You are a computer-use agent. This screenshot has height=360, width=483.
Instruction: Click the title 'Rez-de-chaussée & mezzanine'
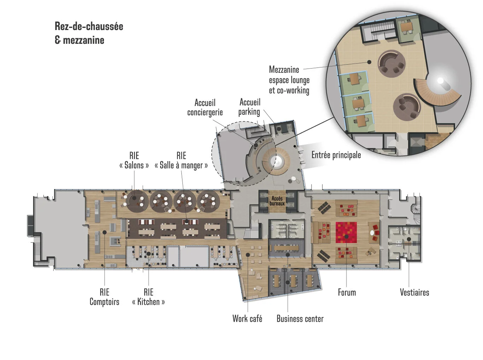[x=89, y=33]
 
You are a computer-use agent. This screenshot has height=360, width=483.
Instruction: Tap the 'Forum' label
[x=347, y=292]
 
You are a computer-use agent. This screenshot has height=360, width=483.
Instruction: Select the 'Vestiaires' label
[x=414, y=292]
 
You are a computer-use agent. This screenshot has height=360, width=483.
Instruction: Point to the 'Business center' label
[x=300, y=319]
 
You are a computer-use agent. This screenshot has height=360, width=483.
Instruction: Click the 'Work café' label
[x=247, y=319]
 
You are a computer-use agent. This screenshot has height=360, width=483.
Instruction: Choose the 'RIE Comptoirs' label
[x=104, y=297]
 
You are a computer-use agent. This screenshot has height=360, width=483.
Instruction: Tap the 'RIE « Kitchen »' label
[x=148, y=297]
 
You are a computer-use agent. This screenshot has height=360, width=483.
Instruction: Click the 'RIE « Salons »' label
[x=134, y=160]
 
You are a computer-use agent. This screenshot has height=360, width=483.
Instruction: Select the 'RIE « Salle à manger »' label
[x=181, y=160]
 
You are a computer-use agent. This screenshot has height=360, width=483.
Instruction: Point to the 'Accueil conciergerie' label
[x=205, y=107]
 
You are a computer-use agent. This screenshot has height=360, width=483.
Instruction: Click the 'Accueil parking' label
[x=249, y=107]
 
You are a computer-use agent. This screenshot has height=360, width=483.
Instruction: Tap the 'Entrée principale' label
[x=336, y=155]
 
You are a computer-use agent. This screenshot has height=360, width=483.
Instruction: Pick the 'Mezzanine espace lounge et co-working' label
[x=289, y=80]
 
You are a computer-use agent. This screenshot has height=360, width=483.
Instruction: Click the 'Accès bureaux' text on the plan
[x=277, y=201]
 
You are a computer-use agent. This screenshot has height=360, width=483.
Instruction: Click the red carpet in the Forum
[x=346, y=232]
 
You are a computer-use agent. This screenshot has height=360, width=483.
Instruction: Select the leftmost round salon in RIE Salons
[x=136, y=201]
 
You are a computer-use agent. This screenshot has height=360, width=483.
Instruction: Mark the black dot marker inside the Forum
[x=347, y=237]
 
